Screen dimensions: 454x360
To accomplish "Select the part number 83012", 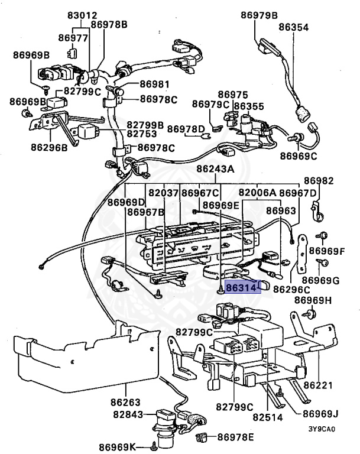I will (82, 15).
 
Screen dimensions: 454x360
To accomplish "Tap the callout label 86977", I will (73, 38).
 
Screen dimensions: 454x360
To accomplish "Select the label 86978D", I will (186, 129).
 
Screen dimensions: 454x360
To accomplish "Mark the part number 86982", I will (319, 180).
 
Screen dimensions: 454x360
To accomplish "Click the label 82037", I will (163, 193).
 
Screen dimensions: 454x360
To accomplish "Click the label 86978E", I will (235, 437).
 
